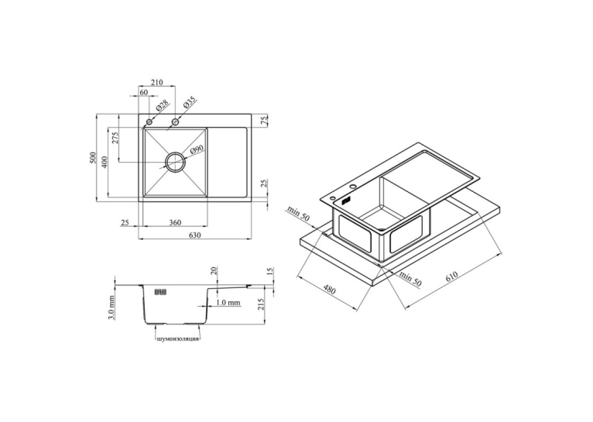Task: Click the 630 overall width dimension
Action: (x=194, y=235)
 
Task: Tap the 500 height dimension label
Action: (x=93, y=158)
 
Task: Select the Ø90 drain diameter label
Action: (x=197, y=150)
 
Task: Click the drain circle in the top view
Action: (x=175, y=162)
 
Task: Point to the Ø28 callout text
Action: (x=161, y=106)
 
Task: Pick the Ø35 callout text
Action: (x=189, y=102)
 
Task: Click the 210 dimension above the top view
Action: (x=156, y=82)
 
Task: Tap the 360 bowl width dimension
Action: (x=175, y=222)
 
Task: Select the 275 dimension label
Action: (x=115, y=138)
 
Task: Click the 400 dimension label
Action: (x=105, y=163)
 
